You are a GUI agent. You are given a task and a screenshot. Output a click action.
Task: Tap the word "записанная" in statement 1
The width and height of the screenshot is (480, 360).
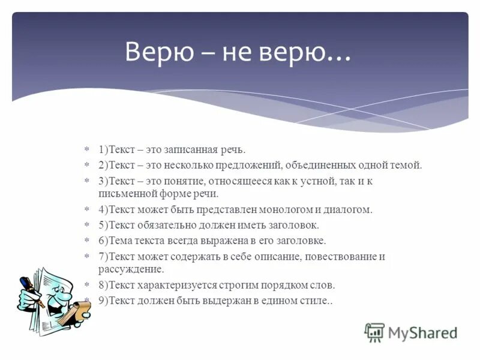191,149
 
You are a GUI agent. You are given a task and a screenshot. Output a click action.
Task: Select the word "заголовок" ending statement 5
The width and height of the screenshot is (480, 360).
294,225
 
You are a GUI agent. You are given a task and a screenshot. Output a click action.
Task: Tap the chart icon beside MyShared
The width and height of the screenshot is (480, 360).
374,332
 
